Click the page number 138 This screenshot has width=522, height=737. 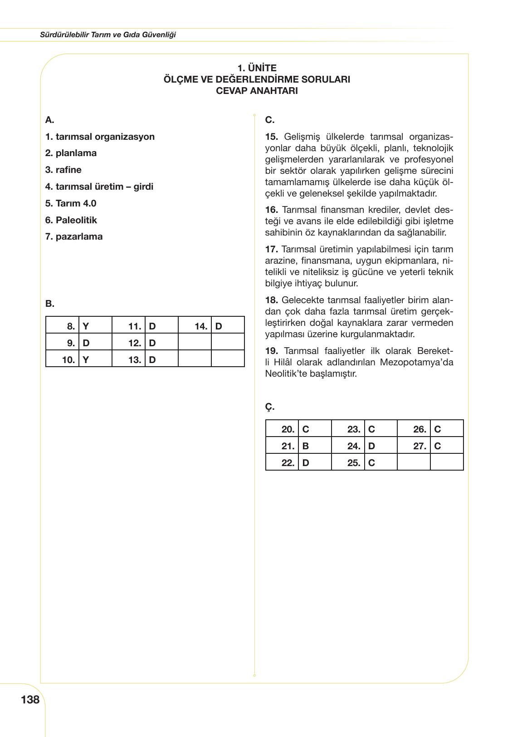coord(30,700)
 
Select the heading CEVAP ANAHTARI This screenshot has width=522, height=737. coord(257,91)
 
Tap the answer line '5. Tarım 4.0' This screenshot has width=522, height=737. coord(71,203)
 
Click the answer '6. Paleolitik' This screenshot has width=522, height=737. coord(71,220)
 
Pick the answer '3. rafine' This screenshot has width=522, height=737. coord(63,170)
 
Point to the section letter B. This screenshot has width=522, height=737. coord(49,304)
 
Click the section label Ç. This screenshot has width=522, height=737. coord(270,407)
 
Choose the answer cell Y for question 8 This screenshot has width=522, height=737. coord(95,326)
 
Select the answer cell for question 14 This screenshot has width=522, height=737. coord(227,326)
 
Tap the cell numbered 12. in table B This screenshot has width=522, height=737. coord(128,343)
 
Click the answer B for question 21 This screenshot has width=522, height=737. coord(315,446)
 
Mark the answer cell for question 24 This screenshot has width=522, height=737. coord(381,446)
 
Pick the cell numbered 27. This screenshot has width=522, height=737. coord(414,446)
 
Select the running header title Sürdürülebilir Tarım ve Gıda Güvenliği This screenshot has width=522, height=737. coord(108,34)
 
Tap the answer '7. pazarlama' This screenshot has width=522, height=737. coord(74,236)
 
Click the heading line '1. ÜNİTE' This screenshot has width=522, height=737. coord(257,68)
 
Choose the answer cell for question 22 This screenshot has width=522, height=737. coord(315,463)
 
